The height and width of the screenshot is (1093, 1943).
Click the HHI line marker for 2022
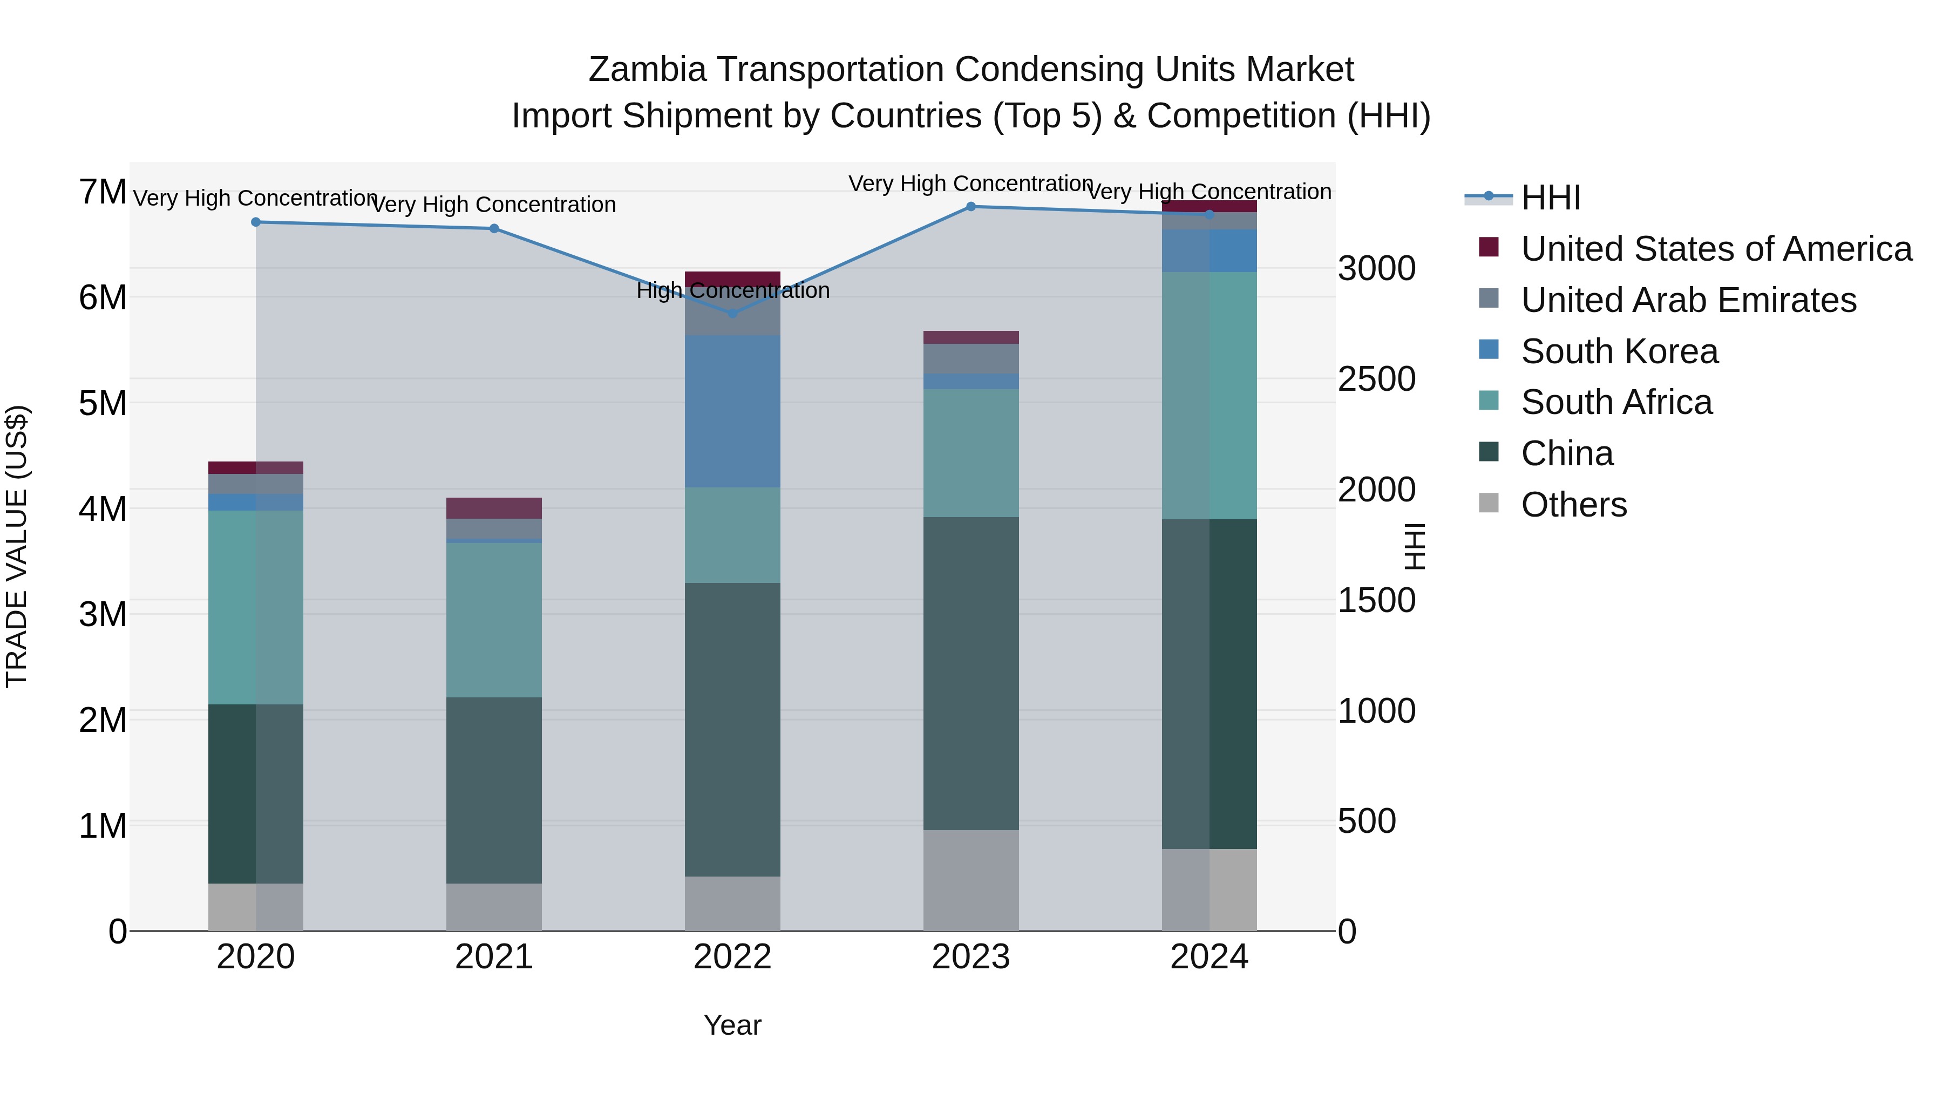pos(732,313)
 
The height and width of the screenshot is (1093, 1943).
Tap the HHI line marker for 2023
pos(971,207)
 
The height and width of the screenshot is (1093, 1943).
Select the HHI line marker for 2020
pos(256,222)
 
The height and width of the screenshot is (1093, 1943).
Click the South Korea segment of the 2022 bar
pos(732,411)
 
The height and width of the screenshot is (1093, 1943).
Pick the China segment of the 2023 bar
pos(971,673)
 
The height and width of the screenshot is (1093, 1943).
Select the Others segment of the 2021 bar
pos(494,907)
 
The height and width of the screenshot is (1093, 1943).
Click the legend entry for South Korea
pos(1619,351)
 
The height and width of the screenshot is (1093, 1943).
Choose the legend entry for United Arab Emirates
pos(1688,300)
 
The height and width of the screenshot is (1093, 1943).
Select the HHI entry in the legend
pos(1550,198)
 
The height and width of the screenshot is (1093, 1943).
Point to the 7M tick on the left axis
pos(103,192)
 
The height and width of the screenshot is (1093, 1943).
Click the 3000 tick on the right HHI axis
pos(1376,269)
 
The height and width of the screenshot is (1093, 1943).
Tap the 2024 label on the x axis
pos(1209,957)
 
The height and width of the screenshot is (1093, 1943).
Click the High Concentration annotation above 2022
pos(732,290)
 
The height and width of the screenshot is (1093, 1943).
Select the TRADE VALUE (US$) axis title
pos(17,546)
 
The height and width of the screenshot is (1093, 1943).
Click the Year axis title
pos(732,1025)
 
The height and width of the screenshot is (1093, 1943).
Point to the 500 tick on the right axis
pos(1367,822)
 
